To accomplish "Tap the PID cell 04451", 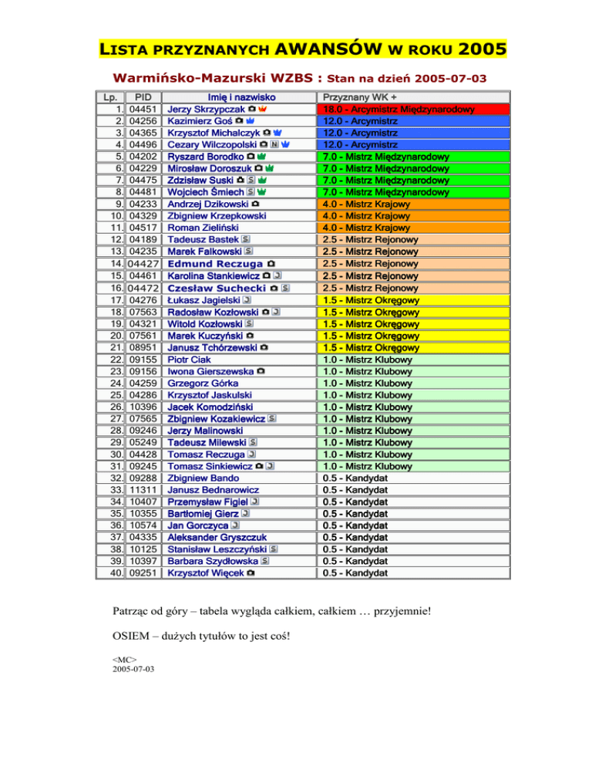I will [x=143, y=110].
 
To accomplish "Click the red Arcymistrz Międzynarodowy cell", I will [x=399, y=110].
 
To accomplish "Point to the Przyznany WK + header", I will [x=360, y=98].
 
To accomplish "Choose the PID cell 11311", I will [x=143, y=490].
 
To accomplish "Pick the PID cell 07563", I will [x=143, y=312].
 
